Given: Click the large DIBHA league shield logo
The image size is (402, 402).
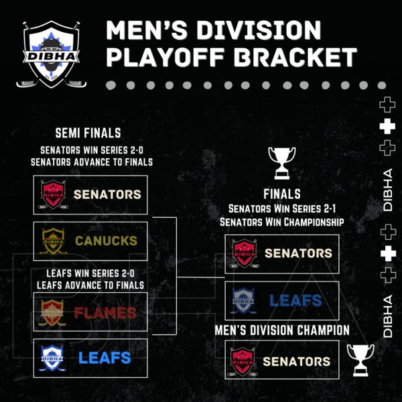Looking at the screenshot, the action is pyautogui.click(x=52, y=54).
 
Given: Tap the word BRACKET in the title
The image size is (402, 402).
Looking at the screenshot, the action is pyautogui.click(x=295, y=57).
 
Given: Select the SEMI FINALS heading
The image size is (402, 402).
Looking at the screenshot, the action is pyautogui.click(x=88, y=133).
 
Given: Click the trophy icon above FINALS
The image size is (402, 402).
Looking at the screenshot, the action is pyautogui.click(x=282, y=163).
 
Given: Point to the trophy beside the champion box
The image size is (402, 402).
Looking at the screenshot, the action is pyautogui.click(x=360, y=360).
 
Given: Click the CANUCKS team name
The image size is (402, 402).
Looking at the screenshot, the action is pyautogui.click(x=106, y=241).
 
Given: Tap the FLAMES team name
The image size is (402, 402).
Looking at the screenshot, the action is pyautogui.click(x=105, y=312).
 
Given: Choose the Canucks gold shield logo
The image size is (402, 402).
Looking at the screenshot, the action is pyautogui.click(x=54, y=241).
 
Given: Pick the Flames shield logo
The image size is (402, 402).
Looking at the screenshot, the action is pyautogui.click(x=52, y=312).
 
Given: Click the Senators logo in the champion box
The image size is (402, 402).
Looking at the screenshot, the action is pyautogui.click(x=243, y=362).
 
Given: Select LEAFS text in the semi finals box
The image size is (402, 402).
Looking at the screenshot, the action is pyautogui.click(x=105, y=358).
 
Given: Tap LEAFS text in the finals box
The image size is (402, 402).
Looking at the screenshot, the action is pyautogui.click(x=295, y=300).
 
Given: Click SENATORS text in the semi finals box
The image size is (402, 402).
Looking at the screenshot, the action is pyautogui.click(x=107, y=194).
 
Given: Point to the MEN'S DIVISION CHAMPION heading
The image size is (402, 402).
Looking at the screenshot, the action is pyautogui.click(x=282, y=330).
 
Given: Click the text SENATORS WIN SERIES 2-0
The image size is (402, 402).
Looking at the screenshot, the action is pyautogui.click(x=92, y=151).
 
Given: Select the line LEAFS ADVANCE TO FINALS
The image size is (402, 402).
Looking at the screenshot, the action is pyautogui.click(x=90, y=285).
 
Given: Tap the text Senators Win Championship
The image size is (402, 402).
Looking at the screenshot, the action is pyautogui.click(x=282, y=222).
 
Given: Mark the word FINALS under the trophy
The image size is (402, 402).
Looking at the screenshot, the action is pyautogui.click(x=282, y=194).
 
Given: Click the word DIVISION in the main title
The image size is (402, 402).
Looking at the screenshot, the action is pyautogui.click(x=259, y=30).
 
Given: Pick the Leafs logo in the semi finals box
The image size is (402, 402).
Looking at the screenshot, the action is pyautogui.click(x=52, y=358).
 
